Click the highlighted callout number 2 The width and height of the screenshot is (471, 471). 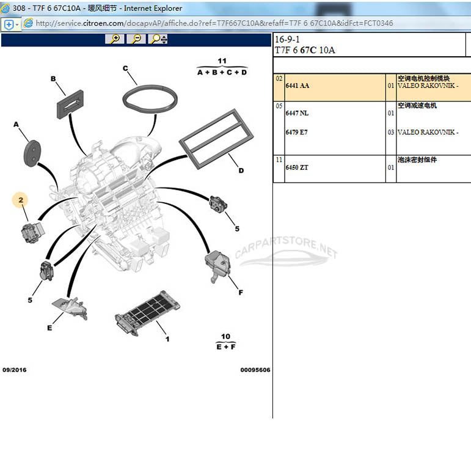pyautogui.click(x=20, y=200)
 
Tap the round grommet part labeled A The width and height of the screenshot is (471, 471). pyautogui.click(x=32, y=153)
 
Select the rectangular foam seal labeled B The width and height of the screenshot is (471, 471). pyautogui.click(x=70, y=104)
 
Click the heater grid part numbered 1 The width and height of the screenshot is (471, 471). pyautogui.click(x=147, y=313)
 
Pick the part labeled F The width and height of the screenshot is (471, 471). pyautogui.click(x=217, y=266)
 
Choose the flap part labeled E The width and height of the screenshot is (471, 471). pyautogui.click(x=70, y=308)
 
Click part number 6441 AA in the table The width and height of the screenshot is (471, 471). pyautogui.click(x=298, y=86)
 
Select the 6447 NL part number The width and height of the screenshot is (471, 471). pyautogui.click(x=297, y=113)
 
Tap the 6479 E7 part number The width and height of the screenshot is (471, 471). pyautogui.click(x=297, y=132)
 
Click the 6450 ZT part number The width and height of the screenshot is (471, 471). pyautogui.click(x=297, y=167)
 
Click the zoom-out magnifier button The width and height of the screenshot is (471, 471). pyautogui.click(x=136, y=39)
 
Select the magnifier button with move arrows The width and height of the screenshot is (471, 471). pyautogui.click(x=158, y=39)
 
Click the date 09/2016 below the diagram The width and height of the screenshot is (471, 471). pyautogui.click(x=15, y=370)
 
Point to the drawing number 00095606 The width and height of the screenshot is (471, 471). pyautogui.click(x=255, y=370)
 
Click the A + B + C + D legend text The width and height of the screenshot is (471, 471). pyautogui.click(x=222, y=73)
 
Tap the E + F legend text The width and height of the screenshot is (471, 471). pyautogui.click(x=226, y=346)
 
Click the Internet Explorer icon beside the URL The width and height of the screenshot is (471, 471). pyautogui.click(x=28, y=23)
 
